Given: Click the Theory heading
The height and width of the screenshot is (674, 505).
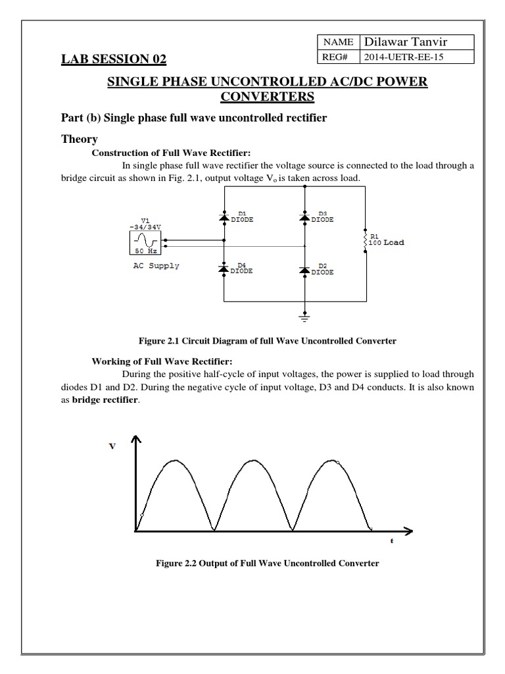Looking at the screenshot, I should pyautogui.click(x=80, y=140).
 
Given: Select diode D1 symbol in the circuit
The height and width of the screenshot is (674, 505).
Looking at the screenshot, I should pyautogui.click(x=224, y=217).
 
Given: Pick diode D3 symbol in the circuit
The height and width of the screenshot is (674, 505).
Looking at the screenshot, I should pyautogui.click(x=304, y=217).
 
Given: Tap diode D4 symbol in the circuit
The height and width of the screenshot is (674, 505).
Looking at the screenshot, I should pyautogui.click(x=224, y=269).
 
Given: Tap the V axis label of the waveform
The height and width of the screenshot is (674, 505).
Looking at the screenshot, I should pyautogui.click(x=112, y=446).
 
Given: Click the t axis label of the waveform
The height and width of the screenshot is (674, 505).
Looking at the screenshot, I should pyautogui.click(x=391, y=540).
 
